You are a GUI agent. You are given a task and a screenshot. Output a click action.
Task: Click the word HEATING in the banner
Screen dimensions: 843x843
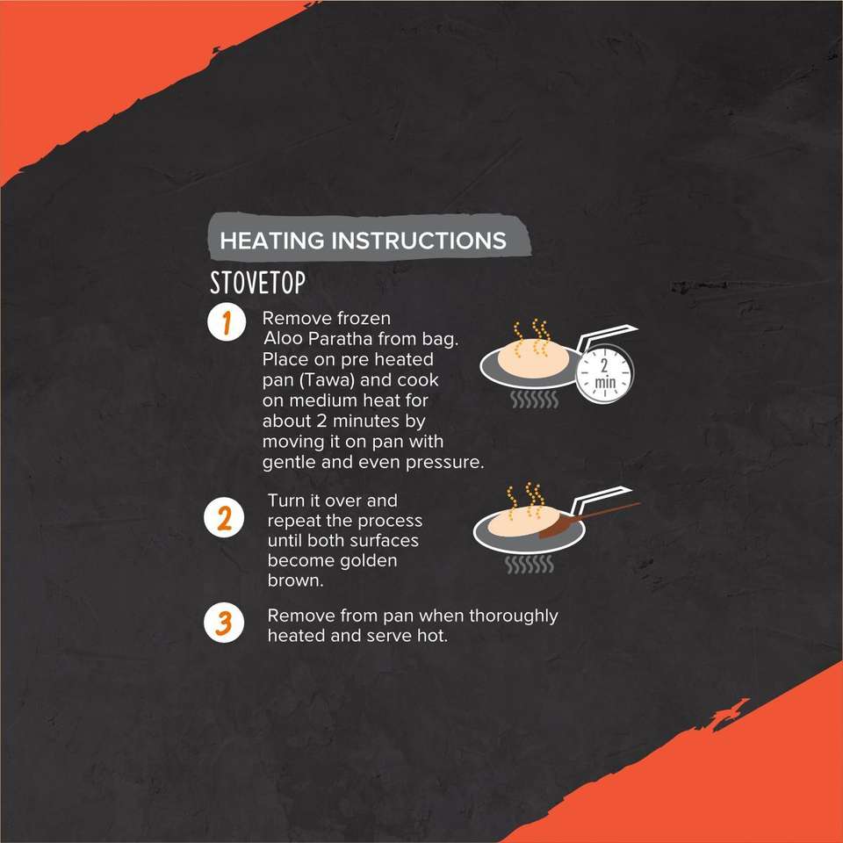(272, 241)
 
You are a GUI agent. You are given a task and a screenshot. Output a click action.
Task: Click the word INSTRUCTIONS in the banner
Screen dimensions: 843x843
(419, 241)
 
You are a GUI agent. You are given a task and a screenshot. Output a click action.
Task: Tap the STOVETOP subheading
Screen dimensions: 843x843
(257, 283)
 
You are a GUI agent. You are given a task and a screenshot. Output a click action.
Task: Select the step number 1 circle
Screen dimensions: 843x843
(227, 322)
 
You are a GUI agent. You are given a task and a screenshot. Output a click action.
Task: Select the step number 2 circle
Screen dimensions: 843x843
(224, 518)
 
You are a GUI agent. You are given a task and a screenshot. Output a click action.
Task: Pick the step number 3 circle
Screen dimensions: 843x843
(224, 623)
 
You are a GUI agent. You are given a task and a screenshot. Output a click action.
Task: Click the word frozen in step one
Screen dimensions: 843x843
(364, 319)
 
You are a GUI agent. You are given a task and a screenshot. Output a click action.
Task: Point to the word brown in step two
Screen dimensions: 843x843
(295, 581)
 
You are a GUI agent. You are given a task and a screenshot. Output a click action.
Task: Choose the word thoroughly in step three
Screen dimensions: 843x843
(514, 616)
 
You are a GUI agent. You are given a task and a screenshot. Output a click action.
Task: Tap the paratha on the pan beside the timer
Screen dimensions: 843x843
(533, 359)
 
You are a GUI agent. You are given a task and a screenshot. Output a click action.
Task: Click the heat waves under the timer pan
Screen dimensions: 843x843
(535, 400)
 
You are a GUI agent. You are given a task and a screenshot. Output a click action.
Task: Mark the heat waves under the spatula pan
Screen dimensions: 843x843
(530, 565)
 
